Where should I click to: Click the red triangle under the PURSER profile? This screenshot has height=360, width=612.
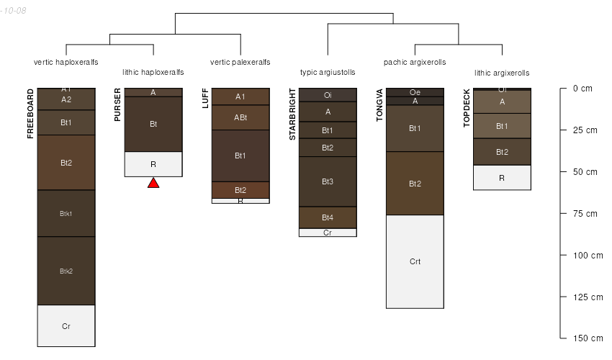pos(153,183)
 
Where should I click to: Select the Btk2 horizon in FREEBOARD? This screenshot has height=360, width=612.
pos(66,271)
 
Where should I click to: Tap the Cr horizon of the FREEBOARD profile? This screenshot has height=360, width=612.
pos(66,326)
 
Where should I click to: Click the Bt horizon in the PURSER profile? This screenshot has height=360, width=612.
pos(153,124)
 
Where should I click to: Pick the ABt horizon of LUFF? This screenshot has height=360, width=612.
pos(240,117)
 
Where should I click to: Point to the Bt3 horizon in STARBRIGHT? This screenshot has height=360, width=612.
pos(328,181)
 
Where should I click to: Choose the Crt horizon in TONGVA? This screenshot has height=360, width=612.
pos(415,261)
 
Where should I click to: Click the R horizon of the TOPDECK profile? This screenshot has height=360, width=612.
pos(502,177)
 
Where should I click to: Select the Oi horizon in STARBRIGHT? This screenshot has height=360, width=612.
pos(328,94)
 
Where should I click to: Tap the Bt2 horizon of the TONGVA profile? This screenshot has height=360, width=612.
pos(415,184)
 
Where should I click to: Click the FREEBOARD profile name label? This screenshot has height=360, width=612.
pos(30,114)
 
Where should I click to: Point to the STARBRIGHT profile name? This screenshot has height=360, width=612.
pos(292,114)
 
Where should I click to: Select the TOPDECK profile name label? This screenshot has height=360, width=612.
pos(467,108)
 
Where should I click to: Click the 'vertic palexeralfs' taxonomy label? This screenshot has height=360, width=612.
pos(240,63)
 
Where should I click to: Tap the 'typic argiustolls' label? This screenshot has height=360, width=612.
pos(328,73)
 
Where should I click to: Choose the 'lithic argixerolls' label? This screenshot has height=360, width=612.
pos(502,73)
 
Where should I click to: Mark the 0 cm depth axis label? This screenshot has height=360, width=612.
pos(582,89)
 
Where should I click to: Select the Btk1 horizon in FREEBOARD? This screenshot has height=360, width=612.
pos(66,213)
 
